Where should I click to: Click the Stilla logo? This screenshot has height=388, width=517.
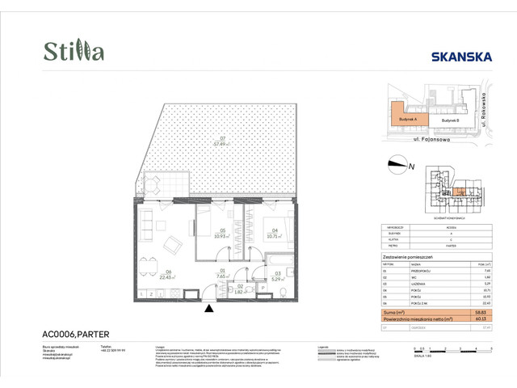tap(74, 52)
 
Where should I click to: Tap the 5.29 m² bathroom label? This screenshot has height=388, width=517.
tap(277, 275)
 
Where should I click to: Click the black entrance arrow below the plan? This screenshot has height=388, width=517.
tap(209, 308)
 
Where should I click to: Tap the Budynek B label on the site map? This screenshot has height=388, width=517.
tap(449, 120)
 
